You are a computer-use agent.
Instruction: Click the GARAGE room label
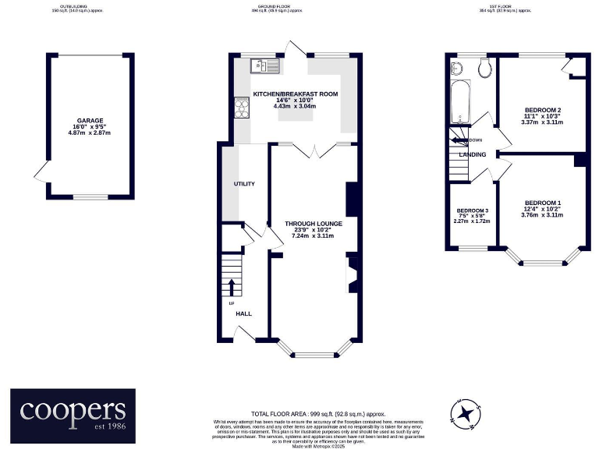click(89, 121)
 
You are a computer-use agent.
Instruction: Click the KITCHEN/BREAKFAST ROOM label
click(296, 94)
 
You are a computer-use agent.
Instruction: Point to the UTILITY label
click(245, 184)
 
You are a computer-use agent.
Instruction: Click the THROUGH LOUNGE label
click(314, 224)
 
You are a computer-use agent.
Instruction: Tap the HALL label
click(244, 313)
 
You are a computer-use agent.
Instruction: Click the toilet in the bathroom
click(483, 68)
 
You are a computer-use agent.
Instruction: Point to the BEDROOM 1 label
click(543, 203)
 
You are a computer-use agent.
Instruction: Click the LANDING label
click(473, 154)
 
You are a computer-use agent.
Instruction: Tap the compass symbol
click(466, 412)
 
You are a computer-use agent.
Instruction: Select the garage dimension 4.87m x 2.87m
click(89, 133)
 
